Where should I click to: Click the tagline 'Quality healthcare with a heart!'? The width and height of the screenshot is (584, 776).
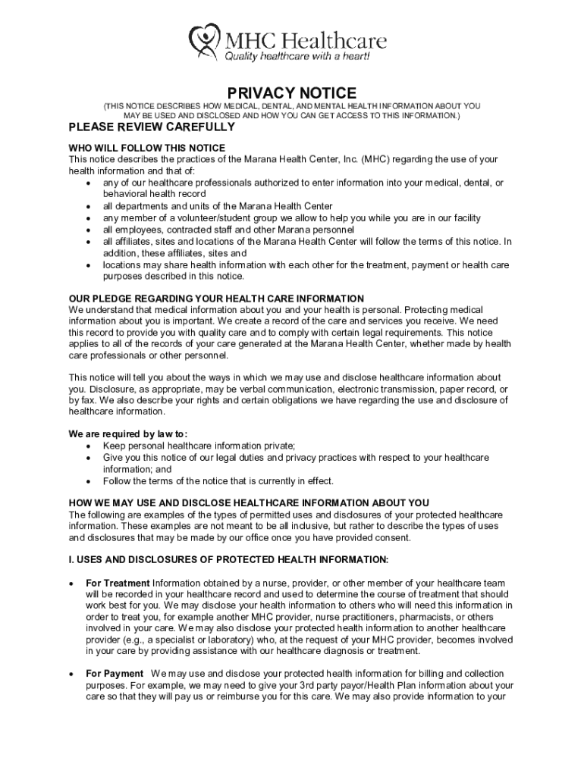click(x=297, y=57)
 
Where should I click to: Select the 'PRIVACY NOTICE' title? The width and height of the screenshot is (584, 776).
click(x=292, y=92)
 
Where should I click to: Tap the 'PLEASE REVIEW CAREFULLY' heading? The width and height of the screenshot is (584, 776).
click(x=152, y=127)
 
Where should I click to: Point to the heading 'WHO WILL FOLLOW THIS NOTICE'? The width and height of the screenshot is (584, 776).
click(x=147, y=148)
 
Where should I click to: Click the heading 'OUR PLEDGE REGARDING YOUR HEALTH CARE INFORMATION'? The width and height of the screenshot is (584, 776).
click(x=216, y=299)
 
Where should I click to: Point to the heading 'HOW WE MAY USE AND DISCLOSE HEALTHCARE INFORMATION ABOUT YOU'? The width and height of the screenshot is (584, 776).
click(x=249, y=502)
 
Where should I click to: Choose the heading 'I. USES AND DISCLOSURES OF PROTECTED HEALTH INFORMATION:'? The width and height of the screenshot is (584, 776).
click(x=228, y=560)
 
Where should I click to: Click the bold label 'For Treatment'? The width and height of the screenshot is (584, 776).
click(x=118, y=583)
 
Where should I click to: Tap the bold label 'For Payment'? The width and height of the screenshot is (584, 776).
click(x=115, y=674)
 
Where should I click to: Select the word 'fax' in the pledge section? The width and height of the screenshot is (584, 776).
click(x=87, y=400)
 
